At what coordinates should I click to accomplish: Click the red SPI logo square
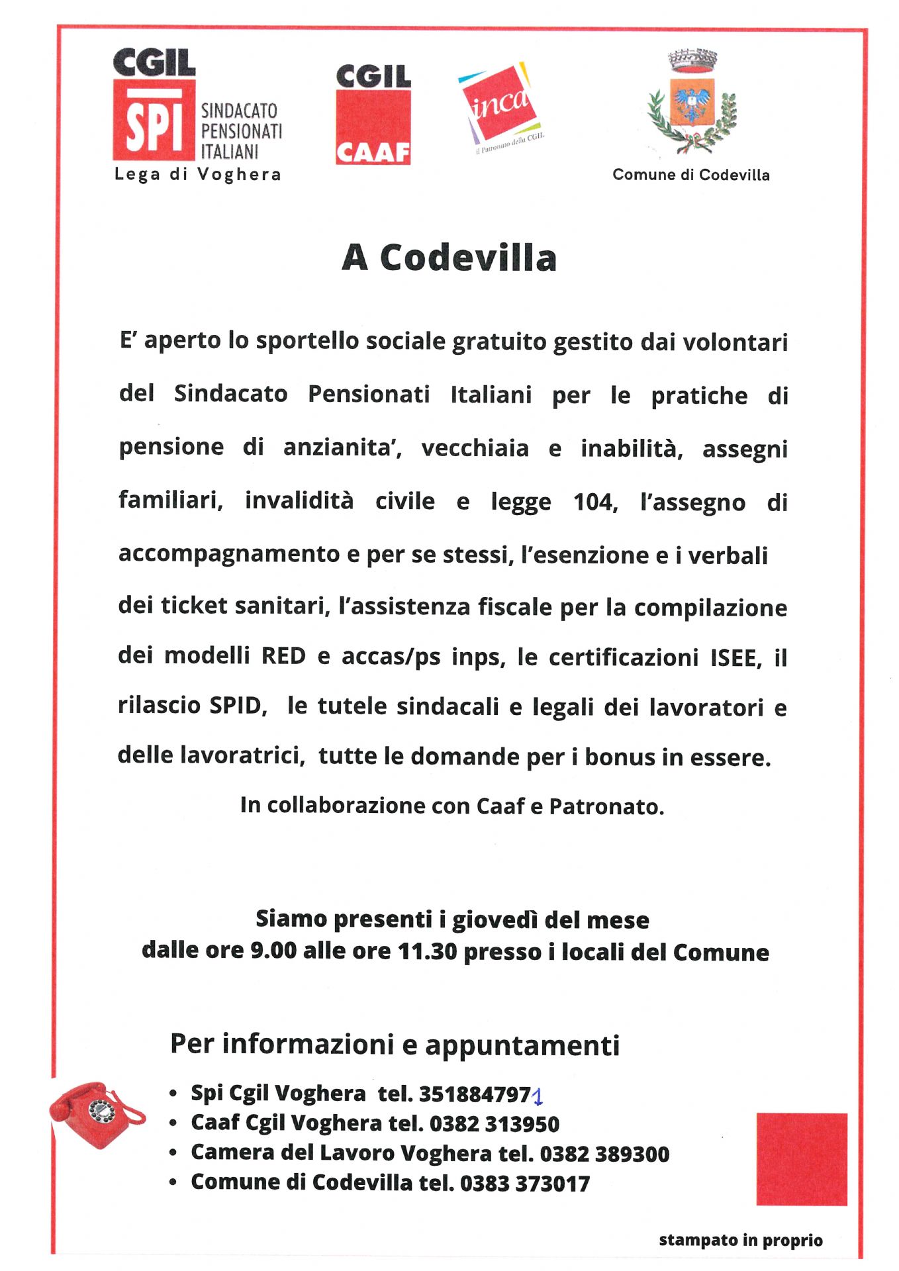pyautogui.click(x=154, y=120)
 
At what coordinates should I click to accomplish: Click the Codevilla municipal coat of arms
pyautogui.click(x=692, y=103)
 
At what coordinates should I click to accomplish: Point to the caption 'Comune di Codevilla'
pyautogui.click(x=690, y=175)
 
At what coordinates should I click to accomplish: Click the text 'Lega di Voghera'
pyautogui.click(x=197, y=175)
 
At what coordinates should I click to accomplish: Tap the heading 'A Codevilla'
pyautogui.click(x=449, y=258)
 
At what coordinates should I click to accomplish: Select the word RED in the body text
pyautogui.click(x=283, y=656)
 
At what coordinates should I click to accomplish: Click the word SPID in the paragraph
pyautogui.click(x=236, y=706)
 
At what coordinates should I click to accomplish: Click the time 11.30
pyautogui.click(x=427, y=952)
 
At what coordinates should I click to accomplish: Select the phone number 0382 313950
pyautogui.click(x=495, y=1123)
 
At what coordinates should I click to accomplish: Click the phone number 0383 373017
pyautogui.click(x=524, y=1183)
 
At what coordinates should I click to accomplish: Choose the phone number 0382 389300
pyautogui.click(x=604, y=1154)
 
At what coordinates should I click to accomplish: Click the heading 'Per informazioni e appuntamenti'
pyautogui.click(x=395, y=1045)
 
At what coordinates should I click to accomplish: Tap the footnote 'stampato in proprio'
pyautogui.click(x=740, y=1240)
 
